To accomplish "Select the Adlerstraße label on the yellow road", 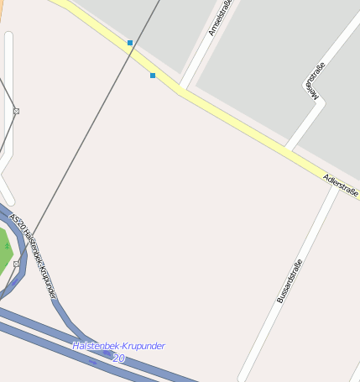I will (341, 186).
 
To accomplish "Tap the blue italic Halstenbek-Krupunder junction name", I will (118, 346).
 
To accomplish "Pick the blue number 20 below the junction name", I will (118, 358).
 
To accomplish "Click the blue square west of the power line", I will (130, 42).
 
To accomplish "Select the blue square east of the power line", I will (153, 76).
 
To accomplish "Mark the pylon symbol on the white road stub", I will (16, 111).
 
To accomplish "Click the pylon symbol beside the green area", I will (16, 264).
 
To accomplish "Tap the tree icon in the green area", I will (6, 246).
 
